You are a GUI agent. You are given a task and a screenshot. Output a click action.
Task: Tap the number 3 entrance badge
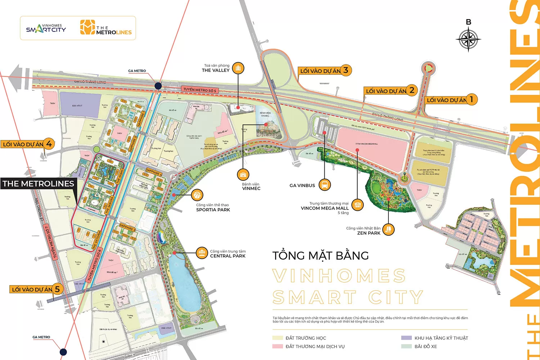click(x=346, y=70)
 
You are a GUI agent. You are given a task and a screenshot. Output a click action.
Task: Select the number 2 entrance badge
click(x=411, y=90)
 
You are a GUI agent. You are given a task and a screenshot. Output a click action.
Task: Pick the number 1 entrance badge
click(x=471, y=99)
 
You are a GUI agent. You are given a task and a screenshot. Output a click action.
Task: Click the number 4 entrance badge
click(x=49, y=144)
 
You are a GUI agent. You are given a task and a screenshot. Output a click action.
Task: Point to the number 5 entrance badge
click(x=57, y=289)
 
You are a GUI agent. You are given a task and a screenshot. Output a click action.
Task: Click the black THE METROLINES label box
click(x=39, y=184)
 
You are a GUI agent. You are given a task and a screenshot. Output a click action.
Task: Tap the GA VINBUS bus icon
click(x=325, y=185)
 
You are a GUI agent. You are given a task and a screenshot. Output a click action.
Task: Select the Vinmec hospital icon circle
click(x=243, y=175)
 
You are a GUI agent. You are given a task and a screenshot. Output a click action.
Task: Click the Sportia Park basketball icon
click(x=197, y=195)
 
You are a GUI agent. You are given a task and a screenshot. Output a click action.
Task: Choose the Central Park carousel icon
click(x=202, y=253)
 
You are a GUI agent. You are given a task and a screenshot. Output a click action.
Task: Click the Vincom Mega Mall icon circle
click(x=357, y=205)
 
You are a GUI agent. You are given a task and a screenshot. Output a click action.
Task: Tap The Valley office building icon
click(x=238, y=68)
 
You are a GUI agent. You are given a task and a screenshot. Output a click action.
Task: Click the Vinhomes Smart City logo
click(x=46, y=28)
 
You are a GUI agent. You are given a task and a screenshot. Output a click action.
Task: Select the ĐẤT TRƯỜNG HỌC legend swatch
click(x=278, y=338)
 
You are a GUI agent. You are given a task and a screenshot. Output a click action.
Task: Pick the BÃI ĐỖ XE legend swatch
click(x=406, y=346)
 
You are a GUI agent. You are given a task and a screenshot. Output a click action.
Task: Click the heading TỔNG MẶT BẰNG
click(x=320, y=256)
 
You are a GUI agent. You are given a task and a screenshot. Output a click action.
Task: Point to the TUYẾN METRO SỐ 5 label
click(x=200, y=90)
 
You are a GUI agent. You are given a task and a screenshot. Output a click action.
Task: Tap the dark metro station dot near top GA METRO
click(x=158, y=86)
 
